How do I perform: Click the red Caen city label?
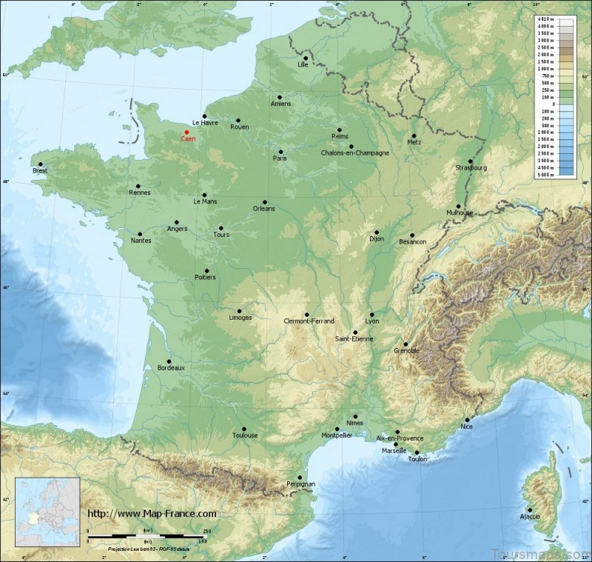(x=189, y=138)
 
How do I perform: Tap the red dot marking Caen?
(x=186, y=132)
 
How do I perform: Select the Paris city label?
(x=280, y=158)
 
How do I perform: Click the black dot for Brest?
(x=41, y=164)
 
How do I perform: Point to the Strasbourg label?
(x=471, y=168)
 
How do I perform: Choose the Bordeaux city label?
(x=171, y=367)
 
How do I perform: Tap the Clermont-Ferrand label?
(x=309, y=321)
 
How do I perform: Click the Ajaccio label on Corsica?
(x=530, y=515)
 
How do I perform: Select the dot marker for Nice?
(x=467, y=420)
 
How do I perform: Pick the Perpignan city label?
(x=300, y=484)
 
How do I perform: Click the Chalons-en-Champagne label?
(x=355, y=153)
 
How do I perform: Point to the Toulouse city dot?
(x=243, y=428)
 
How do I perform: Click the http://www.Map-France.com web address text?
(x=152, y=513)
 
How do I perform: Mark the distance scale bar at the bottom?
(x=148, y=535)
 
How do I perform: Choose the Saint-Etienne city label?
(x=354, y=339)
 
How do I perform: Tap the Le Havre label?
(x=205, y=122)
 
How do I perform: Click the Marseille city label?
(x=394, y=450)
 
